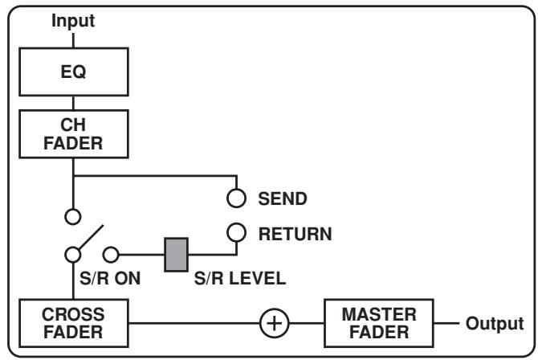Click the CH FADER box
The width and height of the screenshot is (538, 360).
pyautogui.click(x=73, y=135)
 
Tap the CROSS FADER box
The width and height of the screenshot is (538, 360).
pyautogui.click(x=73, y=321)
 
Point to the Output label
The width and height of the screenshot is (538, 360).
pyautogui.click(x=495, y=322)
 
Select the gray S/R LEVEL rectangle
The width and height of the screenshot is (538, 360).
pyautogui.click(x=176, y=254)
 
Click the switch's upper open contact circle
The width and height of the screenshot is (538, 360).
pyautogui.click(x=73, y=216)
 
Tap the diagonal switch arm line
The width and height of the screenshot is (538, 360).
pyautogui.click(x=89, y=239)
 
